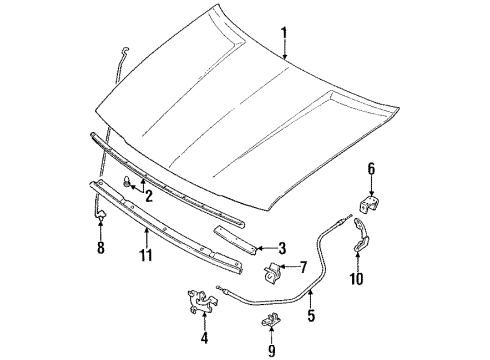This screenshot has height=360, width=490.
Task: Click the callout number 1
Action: [x=284, y=35]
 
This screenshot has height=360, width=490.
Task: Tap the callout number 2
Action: [x=149, y=196]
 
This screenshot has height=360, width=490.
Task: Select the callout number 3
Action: [x=282, y=248]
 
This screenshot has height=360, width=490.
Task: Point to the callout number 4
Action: [x=204, y=338]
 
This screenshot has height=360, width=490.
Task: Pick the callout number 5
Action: [x=311, y=315]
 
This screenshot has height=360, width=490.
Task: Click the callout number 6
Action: [x=371, y=169]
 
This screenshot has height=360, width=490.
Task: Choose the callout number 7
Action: [x=303, y=267]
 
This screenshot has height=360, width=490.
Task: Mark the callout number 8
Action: [x=100, y=248]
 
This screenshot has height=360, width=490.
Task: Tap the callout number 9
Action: [x=272, y=351]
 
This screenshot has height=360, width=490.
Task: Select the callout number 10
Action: [x=356, y=278]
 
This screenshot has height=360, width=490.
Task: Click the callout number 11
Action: [x=146, y=255]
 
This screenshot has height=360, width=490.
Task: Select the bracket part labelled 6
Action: [x=369, y=204]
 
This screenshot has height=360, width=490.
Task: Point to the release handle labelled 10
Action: [x=361, y=235]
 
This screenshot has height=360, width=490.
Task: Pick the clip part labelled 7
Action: [x=272, y=272]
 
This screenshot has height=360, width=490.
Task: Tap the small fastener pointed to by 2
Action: [x=127, y=181]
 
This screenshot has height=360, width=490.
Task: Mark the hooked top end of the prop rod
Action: [x=125, y=50]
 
